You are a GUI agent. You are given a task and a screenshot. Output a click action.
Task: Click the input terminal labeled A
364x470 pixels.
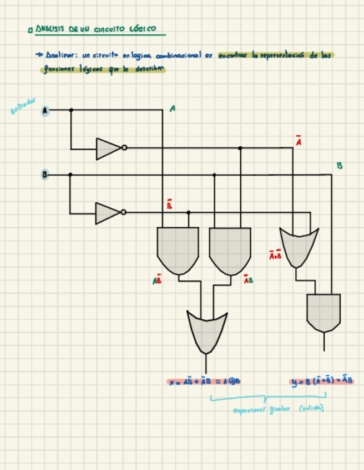pyautogui.click(x=45, y=111)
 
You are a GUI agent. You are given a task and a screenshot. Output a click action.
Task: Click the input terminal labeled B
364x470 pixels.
pyautogui.click(x=44, y=175)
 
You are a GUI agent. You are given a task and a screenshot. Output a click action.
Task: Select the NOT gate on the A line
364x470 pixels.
pyautogui.click(x=109, y=148)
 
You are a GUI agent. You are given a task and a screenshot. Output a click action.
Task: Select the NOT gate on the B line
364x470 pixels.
pyautogui.click(x=109, y=213)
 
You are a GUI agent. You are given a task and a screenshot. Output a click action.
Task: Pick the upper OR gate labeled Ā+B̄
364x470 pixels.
pyautogui.click(x=299, y=247)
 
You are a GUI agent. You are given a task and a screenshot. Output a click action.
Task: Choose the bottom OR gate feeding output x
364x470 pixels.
pyautogui.click(x=206, y=331)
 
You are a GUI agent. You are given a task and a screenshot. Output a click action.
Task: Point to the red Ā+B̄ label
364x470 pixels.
pyautogui.click(x=275, y=256)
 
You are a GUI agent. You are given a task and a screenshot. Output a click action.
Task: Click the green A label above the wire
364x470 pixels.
pyautogui.click(x=173, y=109)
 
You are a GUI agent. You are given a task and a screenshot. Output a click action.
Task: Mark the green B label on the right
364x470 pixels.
pyautogui.click(x=340, y=166)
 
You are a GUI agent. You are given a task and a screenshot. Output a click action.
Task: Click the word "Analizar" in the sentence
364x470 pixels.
pyautogui.click(x=60, y=56)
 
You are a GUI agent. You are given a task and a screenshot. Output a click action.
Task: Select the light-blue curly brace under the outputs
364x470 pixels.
pyautogui.click(x=267, y=397)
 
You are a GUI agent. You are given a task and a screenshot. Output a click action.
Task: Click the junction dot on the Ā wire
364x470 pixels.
pyautogui.click(x=240, y=148)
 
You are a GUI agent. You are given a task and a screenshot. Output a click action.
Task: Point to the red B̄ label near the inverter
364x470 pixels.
pyautogui.click(x=169, y=206)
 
